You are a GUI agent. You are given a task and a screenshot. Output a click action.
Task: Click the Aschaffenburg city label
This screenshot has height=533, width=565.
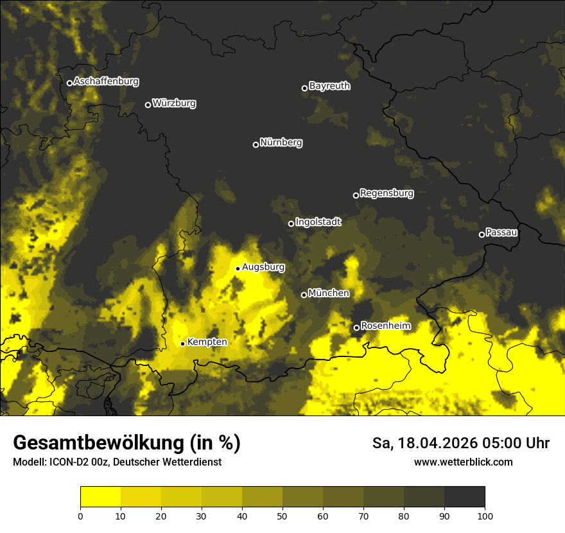point(106,82)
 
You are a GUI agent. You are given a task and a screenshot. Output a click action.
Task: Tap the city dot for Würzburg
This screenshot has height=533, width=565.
point(148,105)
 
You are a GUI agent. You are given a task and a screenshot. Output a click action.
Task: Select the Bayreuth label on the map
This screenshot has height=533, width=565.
point(329,86)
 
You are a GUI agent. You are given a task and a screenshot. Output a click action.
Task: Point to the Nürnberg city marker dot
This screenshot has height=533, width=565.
point(256,144)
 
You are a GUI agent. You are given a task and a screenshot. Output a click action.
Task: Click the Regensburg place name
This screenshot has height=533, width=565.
point(387,193)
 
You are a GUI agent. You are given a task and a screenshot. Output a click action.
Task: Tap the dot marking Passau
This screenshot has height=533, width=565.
point(482,234)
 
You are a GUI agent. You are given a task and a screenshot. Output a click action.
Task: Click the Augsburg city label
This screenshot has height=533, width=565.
point(263,267)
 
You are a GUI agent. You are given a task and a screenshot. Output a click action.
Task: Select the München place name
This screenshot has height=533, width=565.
point(329,293)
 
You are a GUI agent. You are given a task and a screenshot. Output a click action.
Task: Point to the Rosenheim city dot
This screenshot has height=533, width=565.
point(356,328)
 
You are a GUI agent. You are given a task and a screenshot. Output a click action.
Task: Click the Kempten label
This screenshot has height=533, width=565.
point(207,342)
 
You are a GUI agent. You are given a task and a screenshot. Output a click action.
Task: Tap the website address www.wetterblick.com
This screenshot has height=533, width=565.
point(463,462)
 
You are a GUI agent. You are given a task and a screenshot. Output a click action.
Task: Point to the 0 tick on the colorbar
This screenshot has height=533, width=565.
point(80,516)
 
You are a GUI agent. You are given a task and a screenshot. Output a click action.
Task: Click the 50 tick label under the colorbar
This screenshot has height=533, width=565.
point(282,516)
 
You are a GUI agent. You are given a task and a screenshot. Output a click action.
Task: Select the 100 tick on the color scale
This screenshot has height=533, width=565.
point(485,516)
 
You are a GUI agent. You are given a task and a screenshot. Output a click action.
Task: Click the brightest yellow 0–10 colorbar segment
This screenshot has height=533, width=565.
point(100,496)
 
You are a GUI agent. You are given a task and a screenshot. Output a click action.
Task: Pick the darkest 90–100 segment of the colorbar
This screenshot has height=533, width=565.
point(464,496)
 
